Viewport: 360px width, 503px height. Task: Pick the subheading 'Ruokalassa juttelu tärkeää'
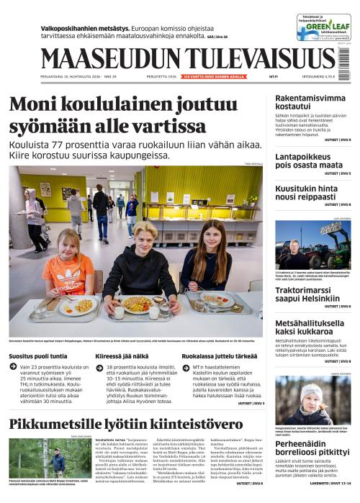click(219, 355)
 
